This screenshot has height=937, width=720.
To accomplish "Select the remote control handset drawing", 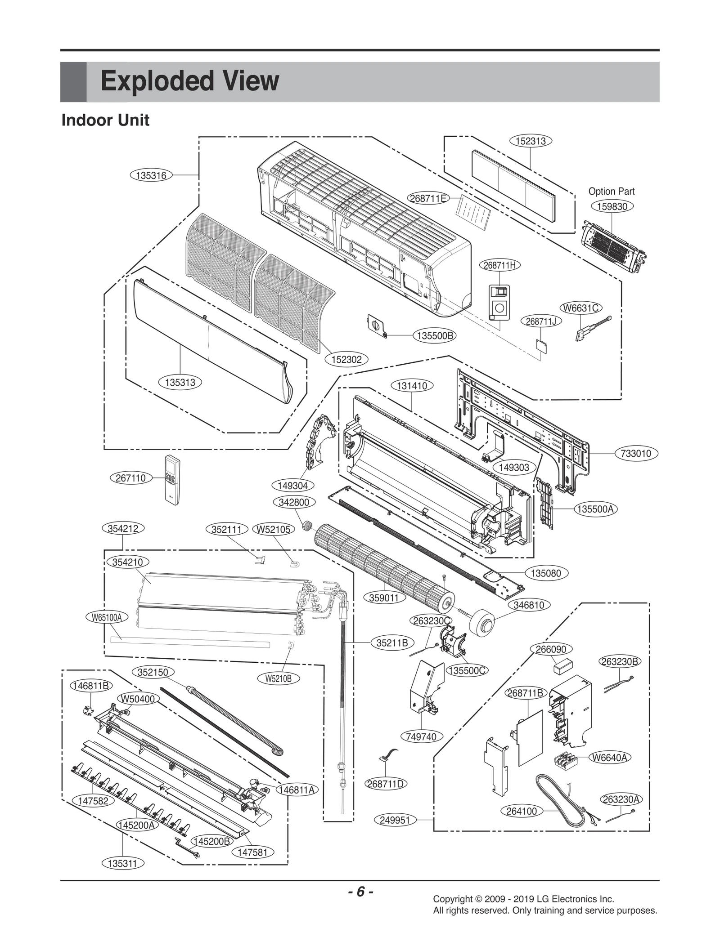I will tap(174, 480).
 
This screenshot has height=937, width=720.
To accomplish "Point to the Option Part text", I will tap(611, 191).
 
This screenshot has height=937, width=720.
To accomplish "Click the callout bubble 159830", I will tap(612, 206).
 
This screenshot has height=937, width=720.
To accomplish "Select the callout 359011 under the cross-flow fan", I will tap(384, 598).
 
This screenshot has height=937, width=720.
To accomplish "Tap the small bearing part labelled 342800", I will tap(308, 525).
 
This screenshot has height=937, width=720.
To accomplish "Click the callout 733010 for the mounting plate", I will tap(636, 453).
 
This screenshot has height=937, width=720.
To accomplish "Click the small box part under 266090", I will tap(562, 665).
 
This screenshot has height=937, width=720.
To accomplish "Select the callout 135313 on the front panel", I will tap(180, 382).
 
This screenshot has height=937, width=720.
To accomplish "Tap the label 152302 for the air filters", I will tap(346, 359).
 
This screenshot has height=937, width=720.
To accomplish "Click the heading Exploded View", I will tap(189, 81).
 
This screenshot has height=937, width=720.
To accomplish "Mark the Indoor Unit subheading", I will tap(105, 120).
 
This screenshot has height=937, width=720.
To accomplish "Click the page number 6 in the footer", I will tap(360, 892).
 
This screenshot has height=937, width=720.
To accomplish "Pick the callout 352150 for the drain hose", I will tap(153, 672).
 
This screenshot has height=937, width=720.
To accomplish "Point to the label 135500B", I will tap(435, 335).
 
